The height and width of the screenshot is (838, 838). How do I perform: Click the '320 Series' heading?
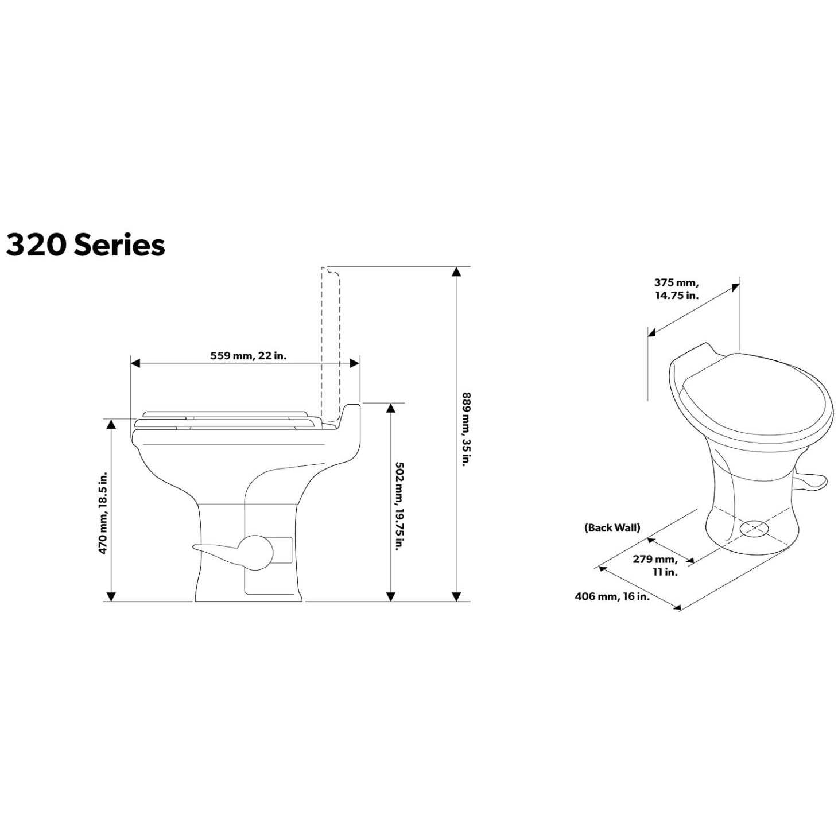pos(86,246)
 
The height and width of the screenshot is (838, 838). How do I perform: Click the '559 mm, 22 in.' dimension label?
pos(248,356)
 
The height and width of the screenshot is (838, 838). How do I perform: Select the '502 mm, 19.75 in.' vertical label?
pos(396,500)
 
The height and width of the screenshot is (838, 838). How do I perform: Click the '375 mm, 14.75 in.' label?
pos(677,289)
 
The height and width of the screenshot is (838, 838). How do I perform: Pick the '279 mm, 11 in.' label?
pos(655,565)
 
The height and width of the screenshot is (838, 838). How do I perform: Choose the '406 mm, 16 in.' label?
pos(612,597)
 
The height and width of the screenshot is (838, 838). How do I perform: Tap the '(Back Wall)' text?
pos(612,528)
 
